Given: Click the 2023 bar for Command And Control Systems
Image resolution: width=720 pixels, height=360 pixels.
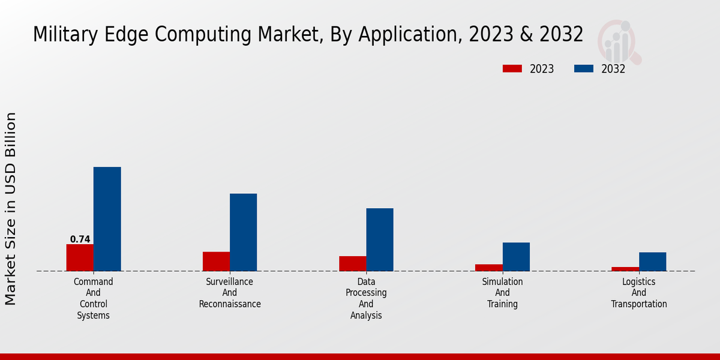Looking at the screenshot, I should pyautogui.click(x=80, y=257).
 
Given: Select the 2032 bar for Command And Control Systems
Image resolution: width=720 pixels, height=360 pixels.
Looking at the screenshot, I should pyautogui.click(x=107, y=219).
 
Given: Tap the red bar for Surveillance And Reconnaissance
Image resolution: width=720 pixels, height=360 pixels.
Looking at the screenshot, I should pyautogui.click(x=216, y=261).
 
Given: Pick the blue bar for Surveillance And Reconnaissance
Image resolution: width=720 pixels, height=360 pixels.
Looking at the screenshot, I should pyautogui.click(x=243, y=232).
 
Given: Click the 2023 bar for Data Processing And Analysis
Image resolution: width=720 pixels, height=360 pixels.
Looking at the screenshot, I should pyautogui.click(x=352, y=263).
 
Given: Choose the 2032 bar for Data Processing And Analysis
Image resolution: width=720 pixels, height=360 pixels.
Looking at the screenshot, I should pyautogui.click(x=380, y=239).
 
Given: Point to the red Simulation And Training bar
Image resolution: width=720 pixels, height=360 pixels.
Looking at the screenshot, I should pyautogui.click(x=488, y=268).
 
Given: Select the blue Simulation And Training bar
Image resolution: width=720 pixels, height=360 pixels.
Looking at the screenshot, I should pyautogui.click(x=516, y=256).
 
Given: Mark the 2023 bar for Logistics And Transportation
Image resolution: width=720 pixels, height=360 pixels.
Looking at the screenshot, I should pyautogui.click(x=625, y=269).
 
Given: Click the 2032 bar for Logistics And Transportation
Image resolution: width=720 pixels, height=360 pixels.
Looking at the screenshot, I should pyautogui.click(x=652, y=262).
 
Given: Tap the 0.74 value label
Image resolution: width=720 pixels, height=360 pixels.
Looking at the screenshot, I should pyautogui.click(x=80, y=239).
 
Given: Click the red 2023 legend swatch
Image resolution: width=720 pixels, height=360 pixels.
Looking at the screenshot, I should pyautogui.click(x=512, y=69).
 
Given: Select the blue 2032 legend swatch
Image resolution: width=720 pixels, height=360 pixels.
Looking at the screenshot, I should pyautogui.click(x=584, y=69).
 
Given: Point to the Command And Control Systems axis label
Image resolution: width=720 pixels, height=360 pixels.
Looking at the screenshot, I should pyautogui.click(x=94, y=298).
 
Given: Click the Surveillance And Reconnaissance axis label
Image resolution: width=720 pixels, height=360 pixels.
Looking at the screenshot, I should pyautogui.click(x=230, y=293).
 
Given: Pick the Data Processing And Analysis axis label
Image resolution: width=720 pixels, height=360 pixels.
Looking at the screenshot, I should pyautogui.click(x=366, y=298).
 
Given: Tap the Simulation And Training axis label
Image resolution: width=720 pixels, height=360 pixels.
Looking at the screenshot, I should pyautogui.click(x=503, y=293).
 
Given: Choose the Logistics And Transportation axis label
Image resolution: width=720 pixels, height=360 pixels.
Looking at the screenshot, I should pyautogui.click(x=639, y=293).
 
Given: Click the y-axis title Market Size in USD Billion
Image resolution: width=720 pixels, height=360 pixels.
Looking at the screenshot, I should pyautogui.click(x=11, y=208).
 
